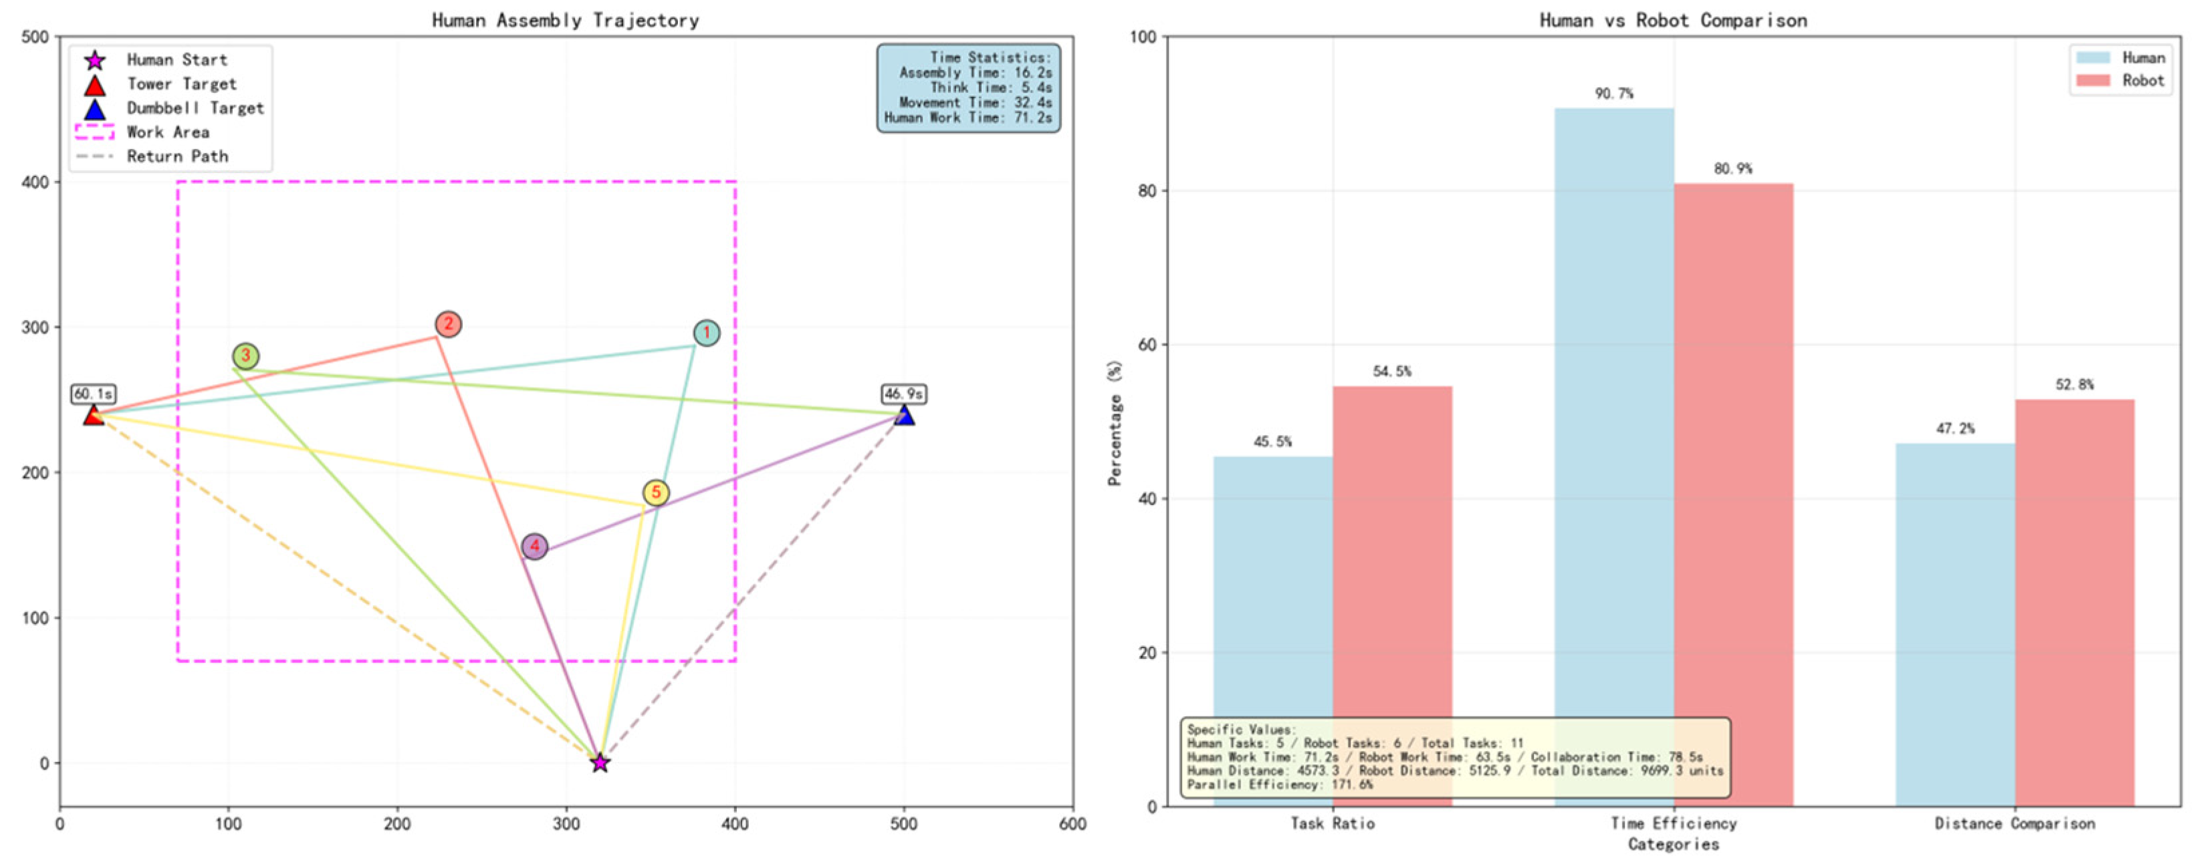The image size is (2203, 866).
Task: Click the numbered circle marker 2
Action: pos(448,324)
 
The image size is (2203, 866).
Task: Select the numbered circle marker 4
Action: pos(534,547)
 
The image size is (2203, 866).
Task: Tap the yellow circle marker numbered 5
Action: pos(656,492)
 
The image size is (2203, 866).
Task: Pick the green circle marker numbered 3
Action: pos(245,355)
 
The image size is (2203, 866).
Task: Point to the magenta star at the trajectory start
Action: pos(600,762)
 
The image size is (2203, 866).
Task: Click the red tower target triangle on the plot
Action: pos(93,416)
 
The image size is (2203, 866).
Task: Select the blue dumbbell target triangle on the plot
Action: pos(904,416)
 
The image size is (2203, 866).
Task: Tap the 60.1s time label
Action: pos(93,394)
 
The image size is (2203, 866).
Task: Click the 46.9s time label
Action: pos(904,394)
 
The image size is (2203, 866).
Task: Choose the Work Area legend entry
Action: pos(166,132)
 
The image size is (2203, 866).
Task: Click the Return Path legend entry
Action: pos(176,156)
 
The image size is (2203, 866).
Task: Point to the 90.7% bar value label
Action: pos(1614,93)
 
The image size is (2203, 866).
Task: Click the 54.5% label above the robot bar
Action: pos(1392,371)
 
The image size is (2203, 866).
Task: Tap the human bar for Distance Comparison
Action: pos(1955,624)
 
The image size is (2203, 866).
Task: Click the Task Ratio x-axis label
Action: pos(1332,823)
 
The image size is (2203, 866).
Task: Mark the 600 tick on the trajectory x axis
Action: pos(1072,824)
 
